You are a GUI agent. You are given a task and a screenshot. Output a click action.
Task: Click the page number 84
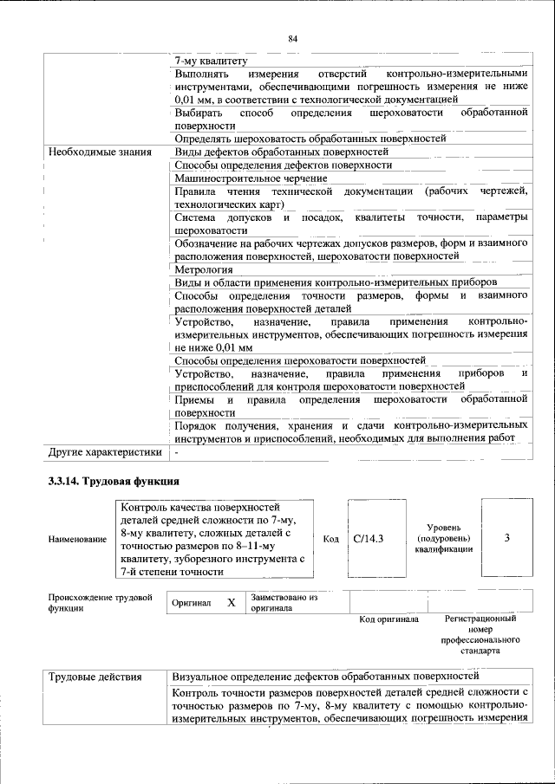(292, 38)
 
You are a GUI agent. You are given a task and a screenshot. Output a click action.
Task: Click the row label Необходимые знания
(98, 152)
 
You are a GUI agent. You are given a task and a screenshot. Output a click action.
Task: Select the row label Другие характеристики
(105, 451)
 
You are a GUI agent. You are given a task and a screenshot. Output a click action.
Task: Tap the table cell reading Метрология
(204, 269)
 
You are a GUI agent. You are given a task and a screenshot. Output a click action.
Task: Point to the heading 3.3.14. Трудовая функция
(114, 481)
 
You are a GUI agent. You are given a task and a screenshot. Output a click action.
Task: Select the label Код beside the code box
(330, 539)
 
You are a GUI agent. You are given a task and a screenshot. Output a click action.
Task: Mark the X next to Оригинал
(231, 602)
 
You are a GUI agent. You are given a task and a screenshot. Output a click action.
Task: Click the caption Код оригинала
(388, 619)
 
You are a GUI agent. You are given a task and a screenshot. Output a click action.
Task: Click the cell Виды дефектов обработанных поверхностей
(282, 152)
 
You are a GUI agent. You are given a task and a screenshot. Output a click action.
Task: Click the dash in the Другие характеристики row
(176, 451)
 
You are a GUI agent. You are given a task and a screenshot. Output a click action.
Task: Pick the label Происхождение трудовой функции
(100, 603)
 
